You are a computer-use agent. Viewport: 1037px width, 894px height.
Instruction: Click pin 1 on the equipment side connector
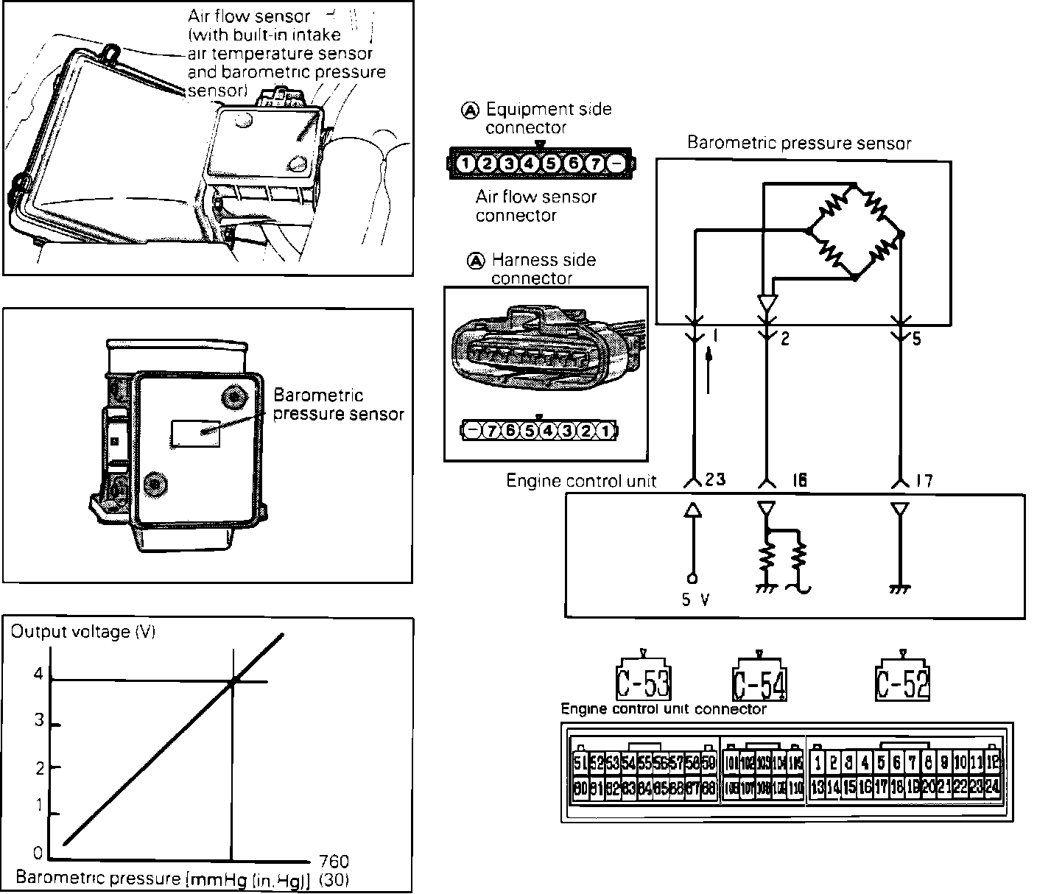pyautogui.click(x=465, y=163)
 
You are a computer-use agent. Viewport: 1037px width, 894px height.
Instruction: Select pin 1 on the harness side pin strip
pyautogui.click(x=605, y=431)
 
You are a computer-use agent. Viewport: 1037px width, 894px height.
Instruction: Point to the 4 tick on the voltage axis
pyautogui.click(x=38, y=675)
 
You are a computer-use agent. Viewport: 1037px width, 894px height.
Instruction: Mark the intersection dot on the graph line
pyautogui.click(x=233, y=682)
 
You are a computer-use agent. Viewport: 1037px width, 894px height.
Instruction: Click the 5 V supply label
pyautogui.click(x=695, y=600)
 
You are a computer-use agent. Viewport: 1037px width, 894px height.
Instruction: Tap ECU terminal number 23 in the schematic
pyautogui.click(x=714, y=479)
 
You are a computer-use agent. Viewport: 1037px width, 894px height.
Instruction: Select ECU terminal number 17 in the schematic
pyautogui.click(x=924, y=480)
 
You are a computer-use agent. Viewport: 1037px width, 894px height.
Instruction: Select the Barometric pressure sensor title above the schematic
pyautogui.click(x=798, y=143)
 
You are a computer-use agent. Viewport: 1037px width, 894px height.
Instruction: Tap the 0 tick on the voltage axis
pyautogui.click(x=38, y=853)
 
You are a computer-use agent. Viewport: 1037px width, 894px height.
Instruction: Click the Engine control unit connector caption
pyautogui.click(x=664, y=709)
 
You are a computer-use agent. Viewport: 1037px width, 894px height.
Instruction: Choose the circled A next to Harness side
pyautogui.click(x=477, y=260)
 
